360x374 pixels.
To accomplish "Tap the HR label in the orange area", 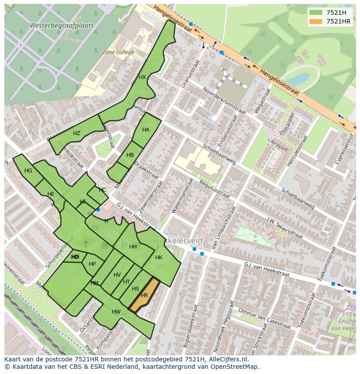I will [144, 295].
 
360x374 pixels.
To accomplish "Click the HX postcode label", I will [142, 77].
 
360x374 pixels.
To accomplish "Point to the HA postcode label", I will [146, 130].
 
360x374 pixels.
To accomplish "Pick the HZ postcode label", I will [77, 133].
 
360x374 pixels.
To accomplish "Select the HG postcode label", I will [28, 171].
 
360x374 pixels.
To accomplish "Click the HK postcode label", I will [159, 258].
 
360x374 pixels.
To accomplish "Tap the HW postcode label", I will [116, 312].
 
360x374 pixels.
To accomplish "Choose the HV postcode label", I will [117, 275].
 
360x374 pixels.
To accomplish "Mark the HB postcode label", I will [130, 155].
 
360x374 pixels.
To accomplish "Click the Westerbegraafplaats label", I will [61, 26].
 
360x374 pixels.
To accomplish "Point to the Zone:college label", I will [118, 52].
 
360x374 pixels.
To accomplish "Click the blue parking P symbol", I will [124, 246].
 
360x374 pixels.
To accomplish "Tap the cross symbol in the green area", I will [86, 243].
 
